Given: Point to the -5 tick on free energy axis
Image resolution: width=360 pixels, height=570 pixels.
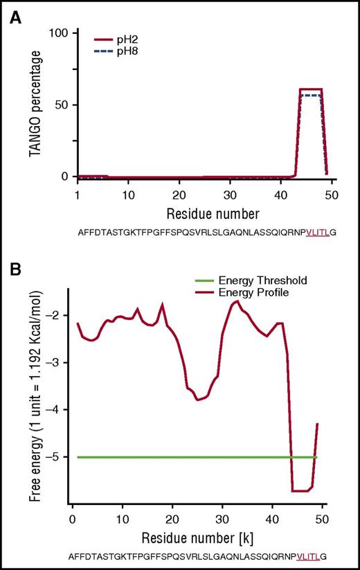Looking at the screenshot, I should (x=57, y=457).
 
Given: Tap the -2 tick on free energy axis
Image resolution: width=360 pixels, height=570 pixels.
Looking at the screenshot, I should (x=57, y=315).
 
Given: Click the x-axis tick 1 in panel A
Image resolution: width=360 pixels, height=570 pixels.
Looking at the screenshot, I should (x=78, y=195).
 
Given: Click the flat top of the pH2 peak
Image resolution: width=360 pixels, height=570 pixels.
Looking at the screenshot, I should (x=311, y=89).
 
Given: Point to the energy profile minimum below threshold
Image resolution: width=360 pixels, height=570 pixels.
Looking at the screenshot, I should (x=301, y=490).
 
